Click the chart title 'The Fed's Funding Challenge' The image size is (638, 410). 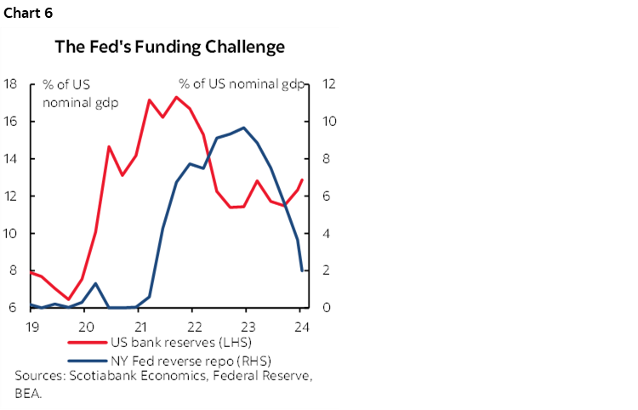tap(170, 48)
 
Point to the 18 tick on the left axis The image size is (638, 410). tap(11, 84)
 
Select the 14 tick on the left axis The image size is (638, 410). tap(11, 159)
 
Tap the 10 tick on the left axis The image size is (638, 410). tap(11, 233)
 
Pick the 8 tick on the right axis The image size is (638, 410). tap(328, 159)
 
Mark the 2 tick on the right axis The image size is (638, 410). tap(328, 270)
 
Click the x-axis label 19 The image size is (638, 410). tap(32, 326)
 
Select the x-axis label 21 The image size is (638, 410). tap(140, 326)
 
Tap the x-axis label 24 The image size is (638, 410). tap(300, 326)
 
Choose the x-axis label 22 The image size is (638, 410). tap(193, 326)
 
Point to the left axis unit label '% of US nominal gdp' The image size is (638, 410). tap(80, 93)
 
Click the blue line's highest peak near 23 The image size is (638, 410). tap(244, 128)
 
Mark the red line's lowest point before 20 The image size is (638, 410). tap(69, 299)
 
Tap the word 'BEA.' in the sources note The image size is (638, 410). tap(30, 394)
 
